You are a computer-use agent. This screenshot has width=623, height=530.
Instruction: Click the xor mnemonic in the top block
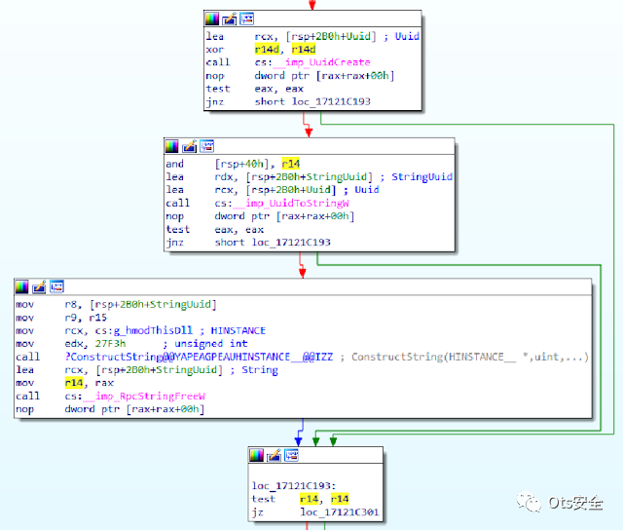215,49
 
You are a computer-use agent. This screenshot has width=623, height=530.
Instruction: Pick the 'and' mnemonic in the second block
174,165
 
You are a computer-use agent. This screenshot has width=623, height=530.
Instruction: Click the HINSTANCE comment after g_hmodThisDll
238,330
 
